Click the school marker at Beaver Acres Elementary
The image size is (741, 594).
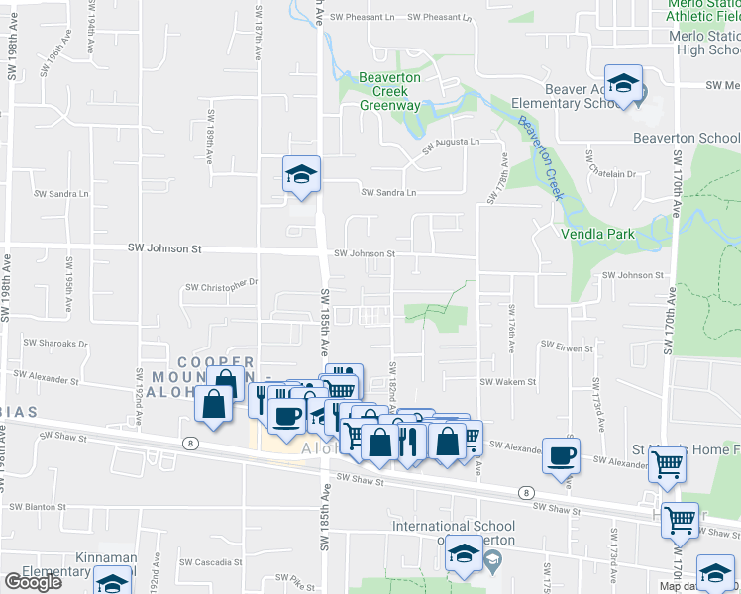623,84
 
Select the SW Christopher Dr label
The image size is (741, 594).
221,284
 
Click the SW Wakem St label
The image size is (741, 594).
507,381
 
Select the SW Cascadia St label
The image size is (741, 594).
210,562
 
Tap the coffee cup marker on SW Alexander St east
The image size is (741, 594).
562,456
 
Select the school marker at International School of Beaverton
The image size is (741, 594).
463,553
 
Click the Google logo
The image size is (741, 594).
33,581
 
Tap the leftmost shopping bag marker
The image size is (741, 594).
214,405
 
